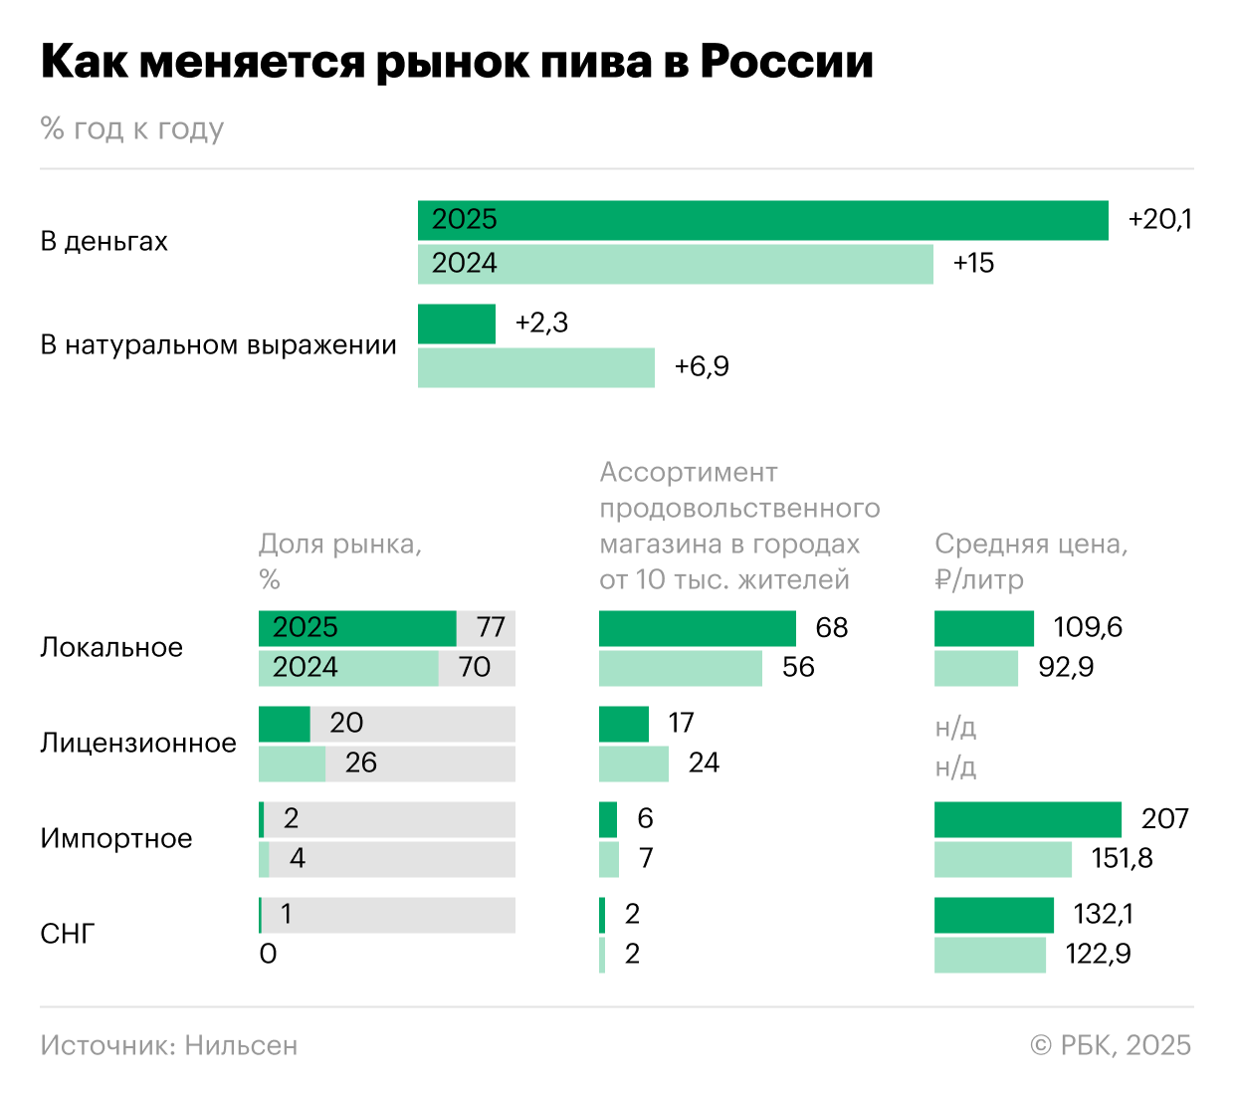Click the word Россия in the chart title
pos(786,62)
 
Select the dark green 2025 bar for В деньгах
pos(762,220)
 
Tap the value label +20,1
pos(1159,220)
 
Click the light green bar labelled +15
pos(675,264)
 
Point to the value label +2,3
pos(541,324)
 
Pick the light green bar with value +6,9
pos(535,367)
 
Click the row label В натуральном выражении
pos(218,345)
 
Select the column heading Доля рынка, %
pos(339,561)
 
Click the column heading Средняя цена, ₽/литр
pos(1030,561)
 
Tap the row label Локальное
pos(111,648)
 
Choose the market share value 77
pos(491,628)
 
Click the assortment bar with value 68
pos(697,628)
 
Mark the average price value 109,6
pos(1088,628)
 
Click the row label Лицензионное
pos(138,744)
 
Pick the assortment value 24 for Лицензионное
pos(704,764)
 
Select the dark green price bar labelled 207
pos(1027,819)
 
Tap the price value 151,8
pos(1122,859)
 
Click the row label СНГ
pos(67,935)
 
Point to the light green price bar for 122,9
pos(989,955)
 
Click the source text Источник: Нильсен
pos(169,1045)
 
